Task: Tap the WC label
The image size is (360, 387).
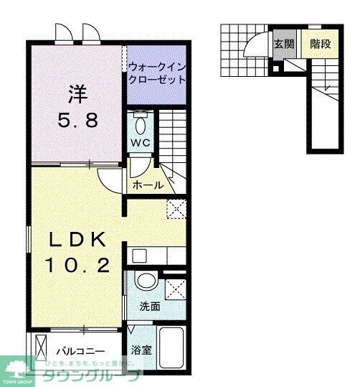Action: (x=141, y=144)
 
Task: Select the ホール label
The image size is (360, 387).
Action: (x=148, y=185)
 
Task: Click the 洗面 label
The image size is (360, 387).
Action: (x=150, y=307)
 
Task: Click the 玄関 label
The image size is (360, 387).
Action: (x=284, y=43)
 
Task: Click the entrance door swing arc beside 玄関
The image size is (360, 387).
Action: (x=254, y=45)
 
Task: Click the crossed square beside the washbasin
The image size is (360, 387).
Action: (x=174, y=289)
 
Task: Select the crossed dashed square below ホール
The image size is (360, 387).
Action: (x=176, y=209)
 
